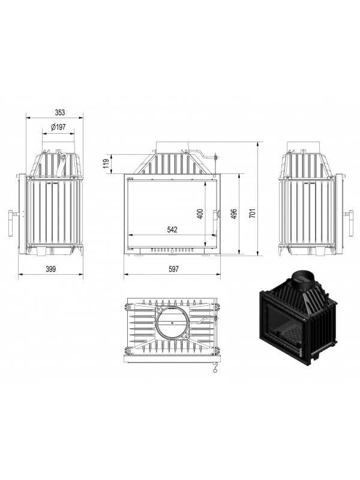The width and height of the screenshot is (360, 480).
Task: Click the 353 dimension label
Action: tap(60, 112)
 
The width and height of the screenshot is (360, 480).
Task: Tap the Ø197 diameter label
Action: tap(58, 127)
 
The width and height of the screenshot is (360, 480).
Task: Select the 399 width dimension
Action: tap(51, 269)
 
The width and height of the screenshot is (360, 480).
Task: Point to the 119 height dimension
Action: tap(106, 164)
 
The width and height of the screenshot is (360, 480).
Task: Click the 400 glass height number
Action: tap(200, 214)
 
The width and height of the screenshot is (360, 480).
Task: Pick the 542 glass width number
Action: tap(172, 229)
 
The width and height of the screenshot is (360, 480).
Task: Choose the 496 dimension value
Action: tap(233, 214)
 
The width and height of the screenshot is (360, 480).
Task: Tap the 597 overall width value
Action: tap(173, 269)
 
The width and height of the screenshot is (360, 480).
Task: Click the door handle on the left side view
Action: tap(11, 223)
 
